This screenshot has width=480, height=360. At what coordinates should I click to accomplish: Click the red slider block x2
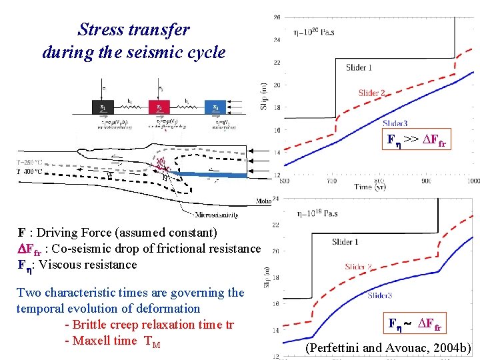[159, 108]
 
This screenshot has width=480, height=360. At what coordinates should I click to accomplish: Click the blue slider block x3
[215, 108]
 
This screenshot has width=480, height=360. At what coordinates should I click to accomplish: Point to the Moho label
[263, 201]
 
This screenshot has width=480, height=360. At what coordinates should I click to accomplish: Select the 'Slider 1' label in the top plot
[359, 67]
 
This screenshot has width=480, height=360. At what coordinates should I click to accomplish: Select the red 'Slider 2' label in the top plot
[372, 93]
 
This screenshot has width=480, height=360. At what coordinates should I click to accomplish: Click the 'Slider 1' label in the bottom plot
[345, 242]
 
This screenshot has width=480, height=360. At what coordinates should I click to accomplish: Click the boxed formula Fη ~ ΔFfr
[415, 325]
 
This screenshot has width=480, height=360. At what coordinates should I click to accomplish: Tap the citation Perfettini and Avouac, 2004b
[388, 348]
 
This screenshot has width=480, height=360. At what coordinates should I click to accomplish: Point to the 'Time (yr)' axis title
[372, 187]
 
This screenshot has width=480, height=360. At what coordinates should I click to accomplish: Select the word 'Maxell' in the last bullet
[93, 342]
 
